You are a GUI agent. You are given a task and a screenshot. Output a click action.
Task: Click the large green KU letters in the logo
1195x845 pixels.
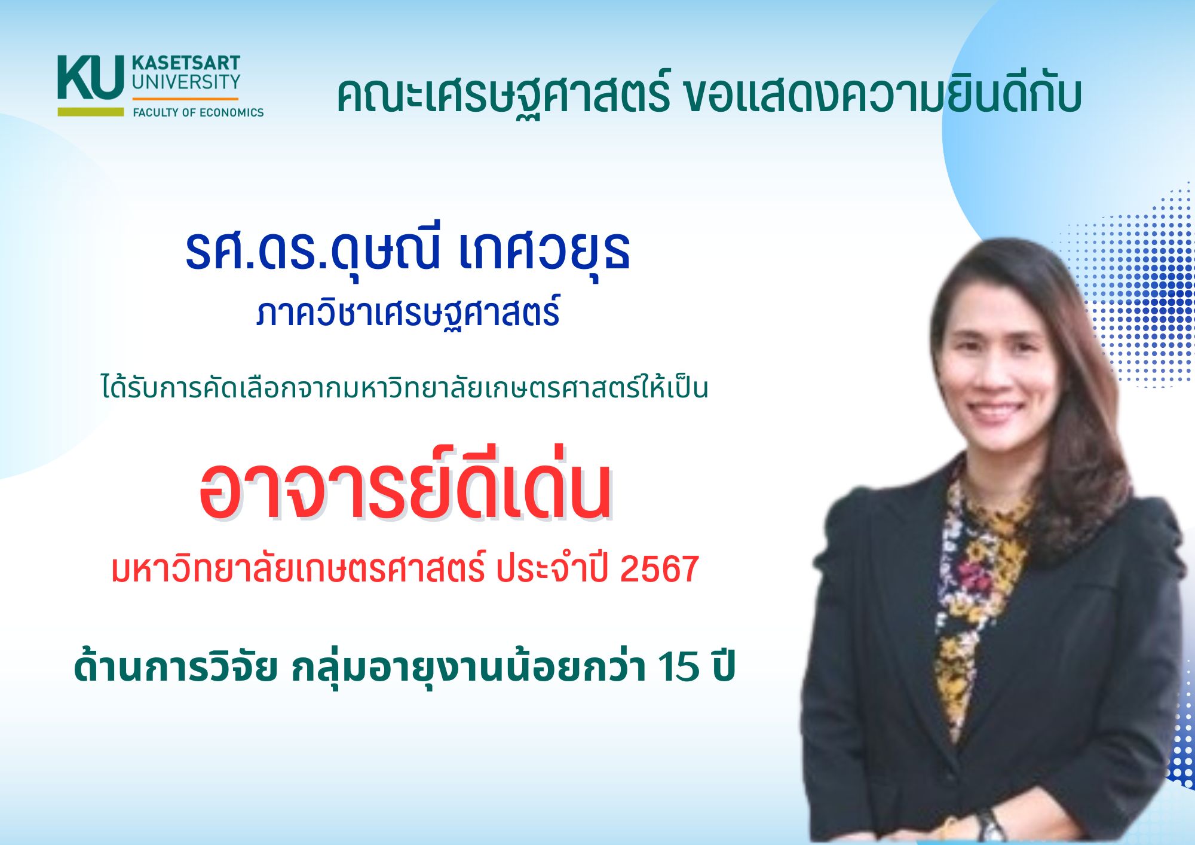point(91,77)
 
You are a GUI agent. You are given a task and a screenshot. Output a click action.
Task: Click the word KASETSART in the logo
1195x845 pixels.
point(186,63)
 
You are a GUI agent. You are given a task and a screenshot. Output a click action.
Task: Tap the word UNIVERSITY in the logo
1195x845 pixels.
point(186,82)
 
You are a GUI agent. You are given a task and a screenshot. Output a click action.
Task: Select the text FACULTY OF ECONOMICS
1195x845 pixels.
point(198,112)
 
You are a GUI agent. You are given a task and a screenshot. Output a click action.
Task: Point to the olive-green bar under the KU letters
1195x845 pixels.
point(91,112)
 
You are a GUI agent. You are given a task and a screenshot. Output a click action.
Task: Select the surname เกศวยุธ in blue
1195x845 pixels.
point(544,251)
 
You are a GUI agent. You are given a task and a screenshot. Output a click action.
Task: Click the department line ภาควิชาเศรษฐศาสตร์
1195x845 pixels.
point(408,312)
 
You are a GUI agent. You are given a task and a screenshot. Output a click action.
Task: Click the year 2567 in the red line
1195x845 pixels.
point(660,568)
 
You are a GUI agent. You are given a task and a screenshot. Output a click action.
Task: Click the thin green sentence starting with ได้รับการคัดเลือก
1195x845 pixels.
point(405,386)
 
